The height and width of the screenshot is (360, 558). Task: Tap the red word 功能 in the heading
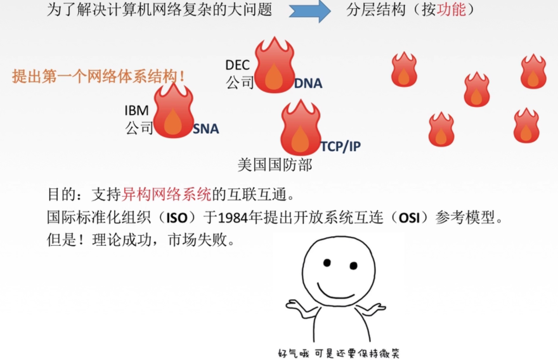pyautogui.click(x=451, y=10)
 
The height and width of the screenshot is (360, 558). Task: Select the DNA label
pyautogui.click(x=308, y=84)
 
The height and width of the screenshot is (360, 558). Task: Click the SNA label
pyautogui.click(x=206, y=129)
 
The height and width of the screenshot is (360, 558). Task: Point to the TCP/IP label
pyautogui.click(x=341, y=146)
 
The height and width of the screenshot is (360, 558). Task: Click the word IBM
pyautogui.click(x=137, y=111)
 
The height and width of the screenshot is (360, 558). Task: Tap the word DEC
pyautogui.click(x=237, y=65)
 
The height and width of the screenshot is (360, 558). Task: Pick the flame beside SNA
pyautogui.click(x=173, y=112)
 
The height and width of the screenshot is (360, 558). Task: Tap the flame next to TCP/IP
pyautogui.click(x=300, y=129)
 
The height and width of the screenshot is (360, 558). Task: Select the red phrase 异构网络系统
pyautogui.click(x=166, y=195)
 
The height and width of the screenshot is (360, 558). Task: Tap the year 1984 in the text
pyautogui.click(x=232, y=218)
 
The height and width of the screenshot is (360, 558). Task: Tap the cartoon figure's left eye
pyautogui.click(x=327, y=263)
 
